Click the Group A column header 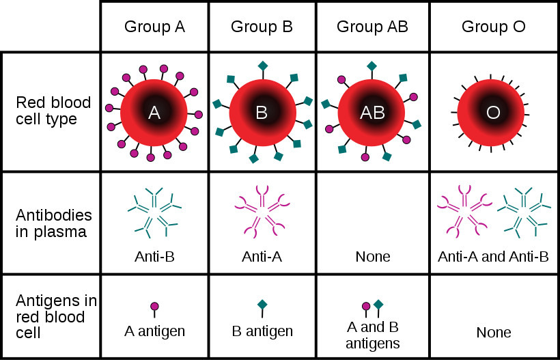(x=154, y=27)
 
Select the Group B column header (x=262, y=27)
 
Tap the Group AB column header (x=372, y=27)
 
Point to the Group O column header (x=493, y=27)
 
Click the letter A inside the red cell (x=154, y=113)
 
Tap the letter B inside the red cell (x=262, y=113)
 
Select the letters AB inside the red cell (x=372, y=113)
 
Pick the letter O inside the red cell (x=493, y=113)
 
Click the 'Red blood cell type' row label (x=53, y=111)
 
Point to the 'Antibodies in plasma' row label (x=53, y=223)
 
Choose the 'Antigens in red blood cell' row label (x=56, y=317)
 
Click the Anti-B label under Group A (x=154, y=256)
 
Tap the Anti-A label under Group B (x=262, y=256)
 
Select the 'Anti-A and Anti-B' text (x=493, y=256)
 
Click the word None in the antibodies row (x=372, y=256)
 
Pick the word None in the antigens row (x=494, y=333)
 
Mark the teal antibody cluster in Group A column (x=154, y=212)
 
